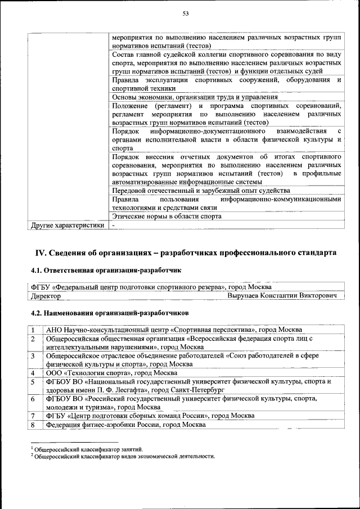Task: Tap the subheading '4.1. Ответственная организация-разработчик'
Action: click(106, 271)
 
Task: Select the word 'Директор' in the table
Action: click(47, 295)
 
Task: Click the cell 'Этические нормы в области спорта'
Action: click(166, 216)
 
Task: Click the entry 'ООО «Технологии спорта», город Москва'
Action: click(112, 373)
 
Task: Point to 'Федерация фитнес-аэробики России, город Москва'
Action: click(125, 425)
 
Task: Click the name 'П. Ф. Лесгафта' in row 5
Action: click(119, 390)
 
